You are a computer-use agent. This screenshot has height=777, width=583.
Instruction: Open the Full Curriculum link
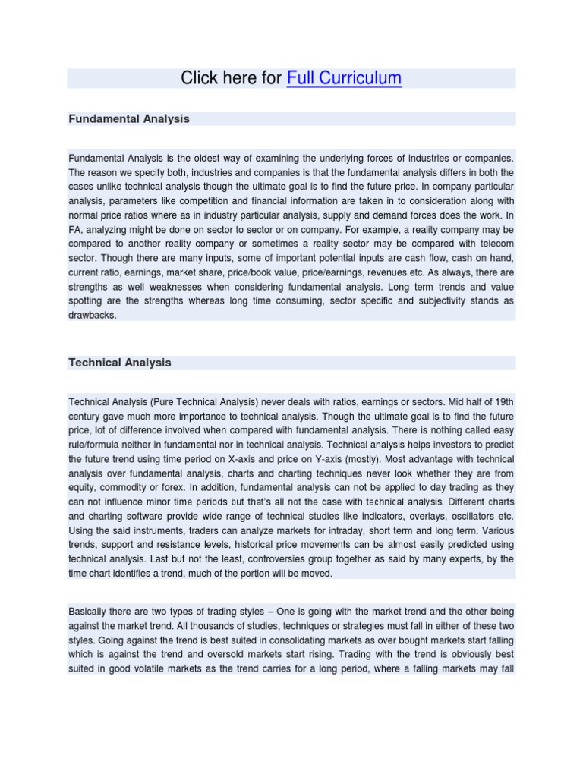click(x=344, y=78)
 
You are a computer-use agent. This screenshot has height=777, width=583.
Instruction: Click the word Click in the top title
click(x=198, y=78)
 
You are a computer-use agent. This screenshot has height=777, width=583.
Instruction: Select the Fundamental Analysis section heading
click(x=129, y=119)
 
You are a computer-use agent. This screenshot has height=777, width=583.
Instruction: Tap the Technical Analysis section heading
click(x=120, y=363)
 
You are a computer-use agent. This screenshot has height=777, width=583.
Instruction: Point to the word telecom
click(x=495, y=243)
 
